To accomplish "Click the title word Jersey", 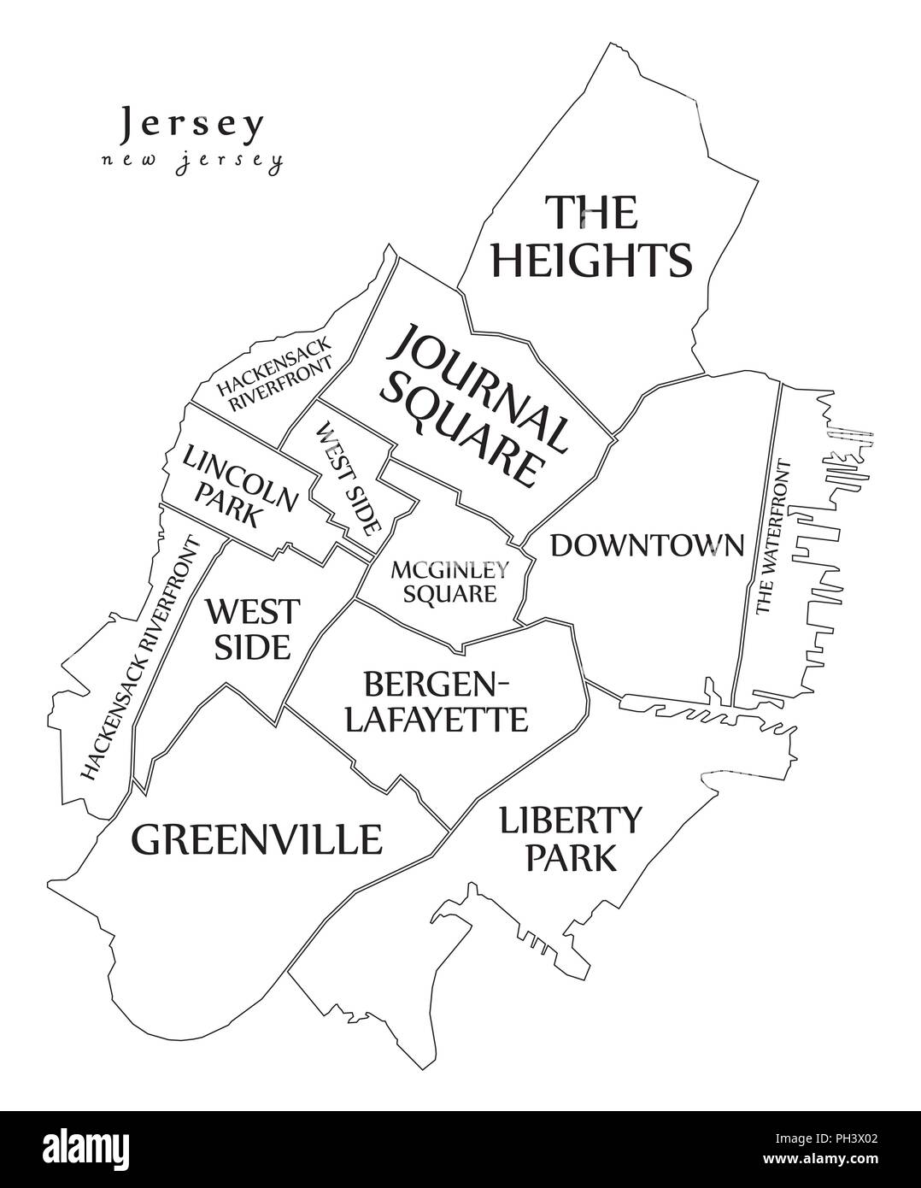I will (191, 126).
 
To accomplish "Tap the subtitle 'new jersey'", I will (191, 162).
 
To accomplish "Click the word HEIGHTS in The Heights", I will (590, 259).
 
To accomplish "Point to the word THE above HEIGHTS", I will (591, 212).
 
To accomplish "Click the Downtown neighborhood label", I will (647, 545).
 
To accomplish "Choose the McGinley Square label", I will (450, 580).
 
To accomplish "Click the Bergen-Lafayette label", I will (436, 701).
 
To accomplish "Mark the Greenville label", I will (256, 839).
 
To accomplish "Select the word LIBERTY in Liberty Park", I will (570, 820).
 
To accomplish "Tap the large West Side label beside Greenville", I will (253, 628).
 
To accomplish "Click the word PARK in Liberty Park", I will (570, 857).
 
